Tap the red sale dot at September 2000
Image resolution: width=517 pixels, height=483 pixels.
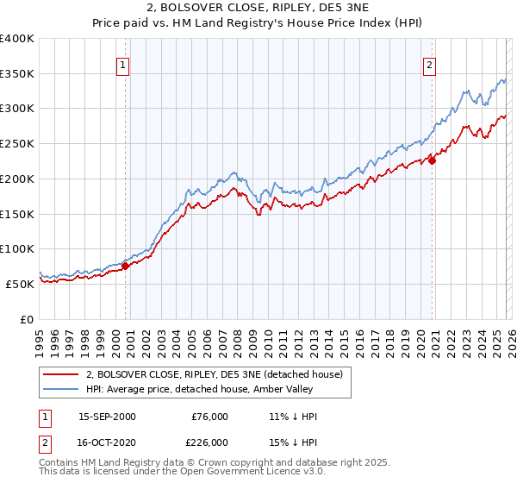125,266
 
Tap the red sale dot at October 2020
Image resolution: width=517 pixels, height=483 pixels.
432,160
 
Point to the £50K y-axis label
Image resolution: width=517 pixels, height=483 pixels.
20,284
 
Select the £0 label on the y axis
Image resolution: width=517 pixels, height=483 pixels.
27,319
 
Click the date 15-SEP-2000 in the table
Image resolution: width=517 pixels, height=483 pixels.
107,417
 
